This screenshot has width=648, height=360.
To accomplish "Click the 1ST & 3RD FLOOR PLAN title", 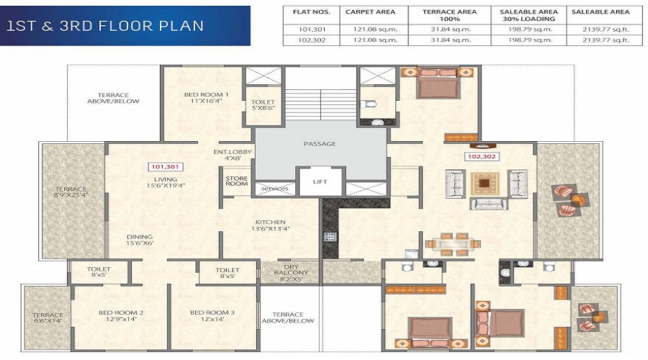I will [x=105, y=26].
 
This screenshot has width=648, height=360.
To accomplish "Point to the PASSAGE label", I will [x=320, y=144].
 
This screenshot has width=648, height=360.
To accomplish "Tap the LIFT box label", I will [x=320, y=182].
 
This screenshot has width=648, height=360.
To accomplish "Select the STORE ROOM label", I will [x=236, y=181].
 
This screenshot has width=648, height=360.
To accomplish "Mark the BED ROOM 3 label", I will [x=212, y=316].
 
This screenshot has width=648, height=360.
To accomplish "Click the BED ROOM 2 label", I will [x=121, y=316].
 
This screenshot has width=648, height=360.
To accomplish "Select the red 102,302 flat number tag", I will [x=482, y=155].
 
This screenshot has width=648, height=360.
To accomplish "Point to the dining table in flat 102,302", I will [x=450, y=243].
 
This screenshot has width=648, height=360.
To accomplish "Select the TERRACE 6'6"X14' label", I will [x=48, y=319].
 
